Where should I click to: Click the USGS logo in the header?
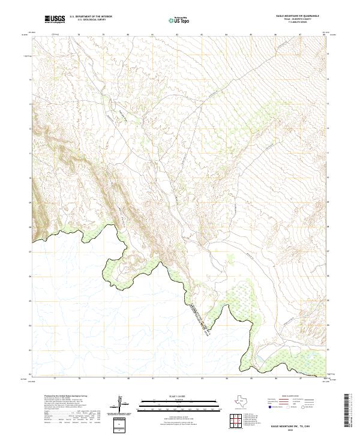point(54,19)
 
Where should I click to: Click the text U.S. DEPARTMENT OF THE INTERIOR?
point(91,17)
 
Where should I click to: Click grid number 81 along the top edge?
point(153,35)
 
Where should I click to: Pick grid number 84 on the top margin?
point(226,35)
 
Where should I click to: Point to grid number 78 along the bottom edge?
point(79,379)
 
